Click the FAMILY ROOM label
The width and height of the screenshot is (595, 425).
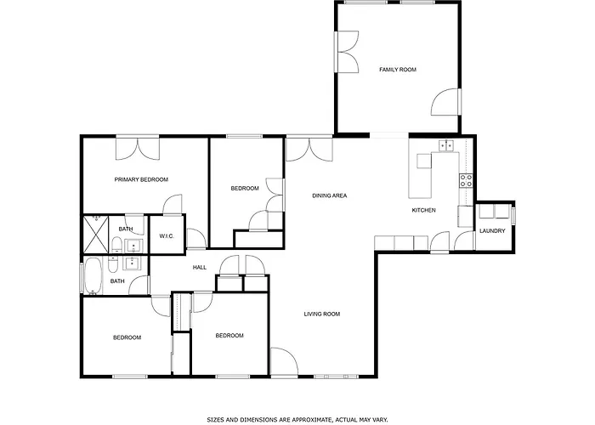coord(398,70)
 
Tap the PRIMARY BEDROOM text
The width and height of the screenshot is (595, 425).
coord(141,179)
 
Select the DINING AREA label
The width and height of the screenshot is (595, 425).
coord(330,195)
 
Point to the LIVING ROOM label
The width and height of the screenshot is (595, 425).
coord(322,314)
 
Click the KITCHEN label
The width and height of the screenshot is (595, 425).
coord(424,210)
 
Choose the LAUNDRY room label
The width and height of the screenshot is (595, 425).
coord(492,230)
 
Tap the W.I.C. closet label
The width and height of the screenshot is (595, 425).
coord(167,236)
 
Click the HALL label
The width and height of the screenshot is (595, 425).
coord(199,268)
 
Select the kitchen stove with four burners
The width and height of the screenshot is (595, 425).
coord(467,180)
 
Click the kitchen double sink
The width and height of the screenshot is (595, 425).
coord(447,145)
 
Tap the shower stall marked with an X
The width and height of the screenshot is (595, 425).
coord(96,235)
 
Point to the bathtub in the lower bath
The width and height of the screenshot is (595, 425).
coord(93,276)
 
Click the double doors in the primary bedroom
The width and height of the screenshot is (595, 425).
coord(138,149)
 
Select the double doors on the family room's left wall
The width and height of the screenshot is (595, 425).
coord(347,52)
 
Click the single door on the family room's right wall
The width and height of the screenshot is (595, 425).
coord(446,102)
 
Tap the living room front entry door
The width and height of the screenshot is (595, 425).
coord(284,362)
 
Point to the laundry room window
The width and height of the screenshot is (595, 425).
coord(513,215)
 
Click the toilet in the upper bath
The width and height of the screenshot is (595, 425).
coord(117,245)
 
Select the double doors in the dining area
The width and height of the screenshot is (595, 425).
coord(309,149)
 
